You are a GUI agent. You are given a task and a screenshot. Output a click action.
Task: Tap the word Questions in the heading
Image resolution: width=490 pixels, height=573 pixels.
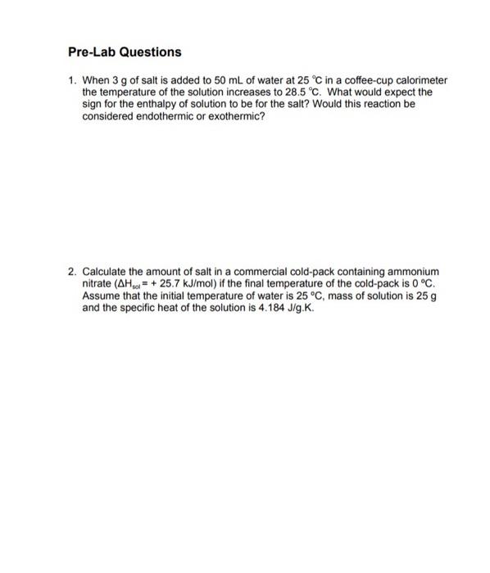tap(151, 52)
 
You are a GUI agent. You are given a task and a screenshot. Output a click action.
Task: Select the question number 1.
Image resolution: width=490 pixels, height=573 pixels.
tap(72, 82)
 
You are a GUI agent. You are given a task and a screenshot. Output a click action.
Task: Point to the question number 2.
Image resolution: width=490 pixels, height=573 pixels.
tap(72, 271)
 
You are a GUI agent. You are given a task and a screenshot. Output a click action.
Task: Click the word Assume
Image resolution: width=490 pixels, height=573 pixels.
tap(102, 295)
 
